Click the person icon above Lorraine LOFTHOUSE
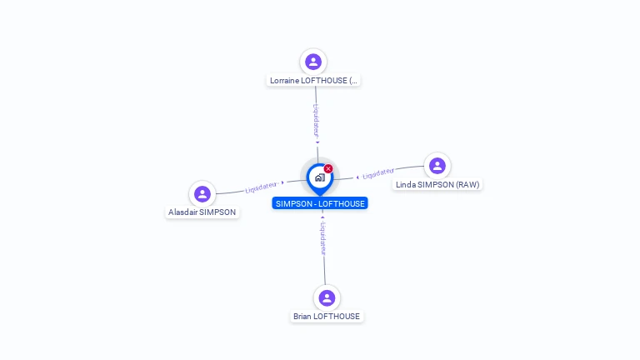coord(313,62)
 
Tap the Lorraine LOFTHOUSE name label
coord(313,81)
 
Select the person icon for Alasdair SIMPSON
coord(202,194)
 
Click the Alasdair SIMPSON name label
coord(202,212)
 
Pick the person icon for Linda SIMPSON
coord(437,166)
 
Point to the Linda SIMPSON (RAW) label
coord(437,184)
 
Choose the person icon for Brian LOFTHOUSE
coord(327,297)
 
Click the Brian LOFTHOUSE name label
coord(327,317)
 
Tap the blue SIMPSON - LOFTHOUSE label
coord(319,203)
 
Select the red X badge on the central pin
coord(328,168)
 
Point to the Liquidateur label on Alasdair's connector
coord(261,187)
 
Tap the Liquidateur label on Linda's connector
coord(378,173)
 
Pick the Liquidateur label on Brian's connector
coord(323,237)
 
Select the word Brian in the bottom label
coord(302,317)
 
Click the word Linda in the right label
coord(406,184)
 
